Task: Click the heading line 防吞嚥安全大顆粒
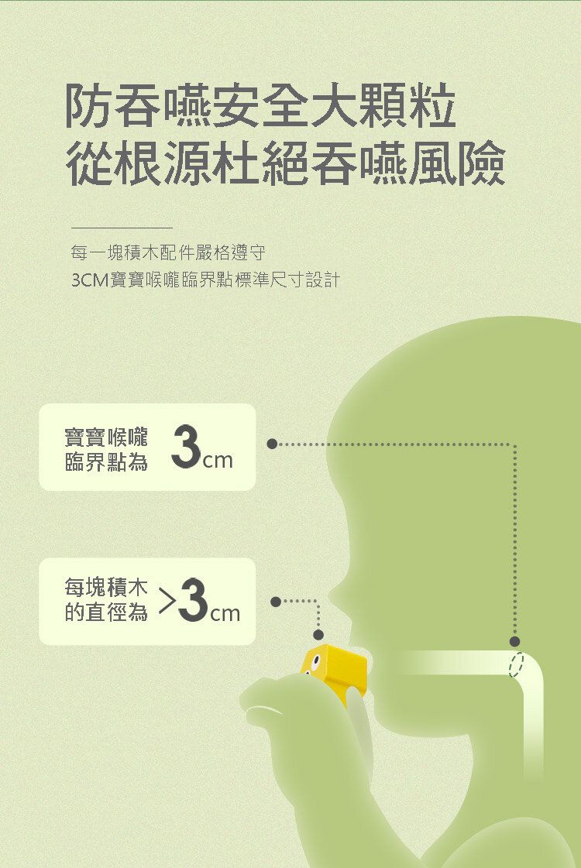(261, 106)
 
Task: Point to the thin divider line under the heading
(122, 228)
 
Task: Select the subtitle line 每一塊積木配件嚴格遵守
(168, 253)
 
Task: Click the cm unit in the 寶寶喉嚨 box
(217, 460)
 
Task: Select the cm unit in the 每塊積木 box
(225, 612)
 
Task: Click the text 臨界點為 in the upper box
(106, 461)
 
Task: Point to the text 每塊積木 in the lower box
(106, 587)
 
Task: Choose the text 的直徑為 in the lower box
(106, 612)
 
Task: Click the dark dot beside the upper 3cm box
(272, 444)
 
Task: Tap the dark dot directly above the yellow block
(318, 634)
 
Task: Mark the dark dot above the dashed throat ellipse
(514, 641)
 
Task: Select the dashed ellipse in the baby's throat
(517, 664)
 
